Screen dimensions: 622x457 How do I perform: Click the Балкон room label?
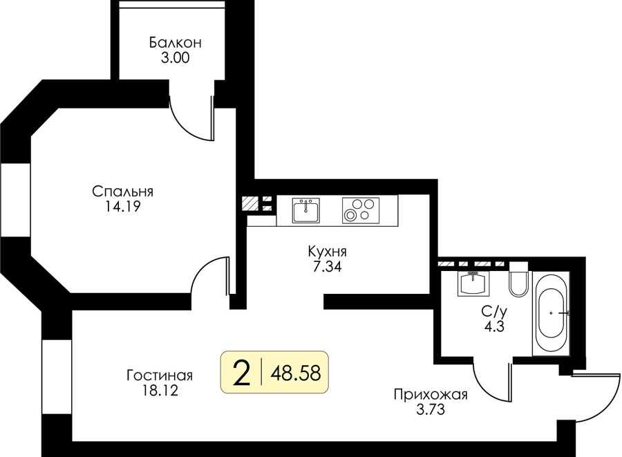point(176,42)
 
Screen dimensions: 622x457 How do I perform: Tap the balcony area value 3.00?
point(176,58)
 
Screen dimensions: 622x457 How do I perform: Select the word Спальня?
point(122,192)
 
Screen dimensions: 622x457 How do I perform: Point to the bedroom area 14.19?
point(122,207)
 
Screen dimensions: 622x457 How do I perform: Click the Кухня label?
point(328,252)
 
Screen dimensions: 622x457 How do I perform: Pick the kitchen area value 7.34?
point(328,267)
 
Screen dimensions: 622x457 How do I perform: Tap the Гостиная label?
point(160,375)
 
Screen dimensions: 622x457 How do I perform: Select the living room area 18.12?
point(160,391)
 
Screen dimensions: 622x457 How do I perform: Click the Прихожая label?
point(431,395)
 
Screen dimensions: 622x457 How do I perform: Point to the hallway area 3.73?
point(431,409)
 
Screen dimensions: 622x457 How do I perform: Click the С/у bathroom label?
point(494,312)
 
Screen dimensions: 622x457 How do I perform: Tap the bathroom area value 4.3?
point(494,327)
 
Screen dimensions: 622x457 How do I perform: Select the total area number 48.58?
point(296,373)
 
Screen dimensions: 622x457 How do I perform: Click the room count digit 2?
point(242,373)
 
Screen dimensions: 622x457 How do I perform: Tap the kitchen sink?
point(306,210)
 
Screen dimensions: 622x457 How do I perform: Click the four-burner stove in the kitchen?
point(361,210)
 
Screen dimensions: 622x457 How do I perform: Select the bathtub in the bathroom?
point(551,313)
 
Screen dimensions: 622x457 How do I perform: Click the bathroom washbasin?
point(473,283)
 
